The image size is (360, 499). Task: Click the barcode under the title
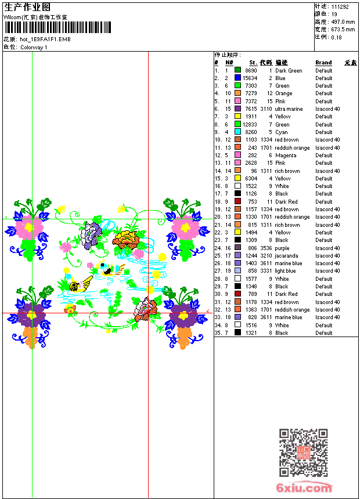(57, 27)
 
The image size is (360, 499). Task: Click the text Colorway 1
(34, 47)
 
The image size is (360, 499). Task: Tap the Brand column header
(323, 63)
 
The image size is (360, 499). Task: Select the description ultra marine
(289, 109)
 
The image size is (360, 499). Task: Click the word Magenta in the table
(285, 156)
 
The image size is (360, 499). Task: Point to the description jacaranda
(287, 256)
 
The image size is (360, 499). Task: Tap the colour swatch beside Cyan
(237, 132)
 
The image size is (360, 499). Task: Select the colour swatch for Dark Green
(237, 71)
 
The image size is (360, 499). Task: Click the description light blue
(285, 271)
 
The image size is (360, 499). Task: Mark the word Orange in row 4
(283, 93)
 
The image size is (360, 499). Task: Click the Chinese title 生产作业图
(27, 7)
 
